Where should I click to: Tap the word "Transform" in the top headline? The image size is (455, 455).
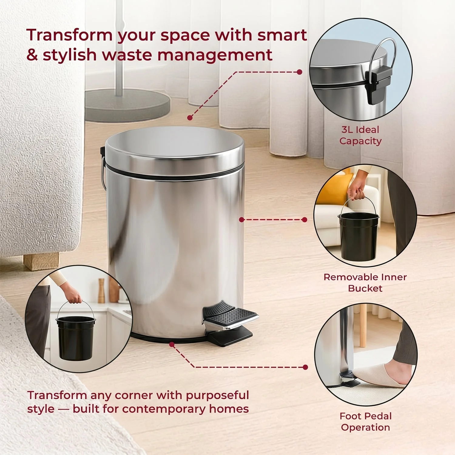click(x=69, y=35)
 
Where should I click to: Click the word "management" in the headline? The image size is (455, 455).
click(x=215, y=55)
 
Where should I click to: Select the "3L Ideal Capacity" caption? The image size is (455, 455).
click(x=360, y=135)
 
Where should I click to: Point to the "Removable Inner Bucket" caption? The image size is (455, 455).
click(x=365, y=282)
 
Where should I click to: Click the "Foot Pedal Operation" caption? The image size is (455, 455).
click(x=366, y=422)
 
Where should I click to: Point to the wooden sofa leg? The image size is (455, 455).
click(x=42, y=261)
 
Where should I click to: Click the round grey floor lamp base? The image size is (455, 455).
click(x=127, y=105)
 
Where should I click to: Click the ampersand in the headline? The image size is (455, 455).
click(x=32, y=55)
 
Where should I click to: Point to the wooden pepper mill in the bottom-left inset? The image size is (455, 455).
click(x=101, y=291)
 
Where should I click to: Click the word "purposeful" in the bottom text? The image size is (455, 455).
click(x=217, y=396)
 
